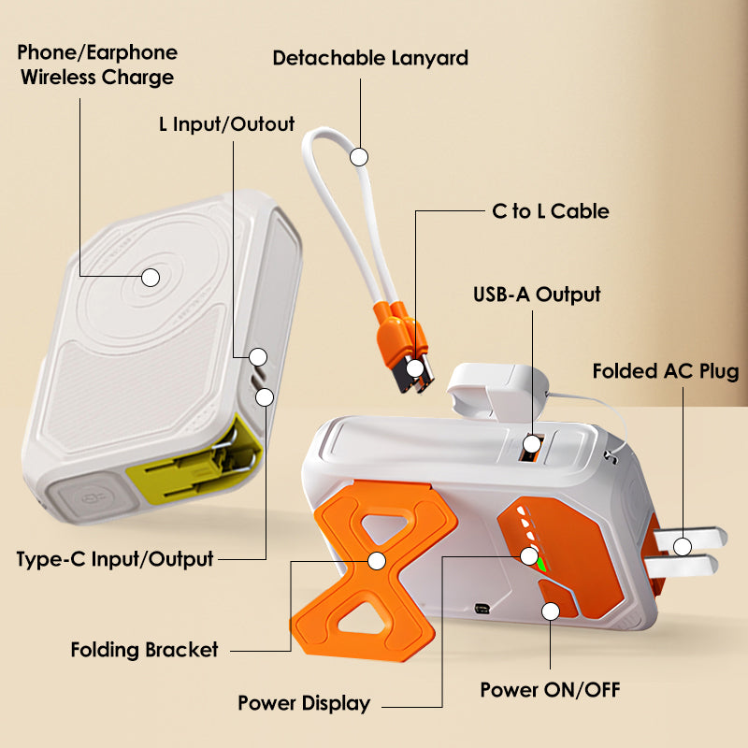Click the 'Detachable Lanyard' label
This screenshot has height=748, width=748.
click(x=369, y=58)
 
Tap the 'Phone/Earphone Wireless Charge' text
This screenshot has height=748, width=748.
click(x=97, y=65)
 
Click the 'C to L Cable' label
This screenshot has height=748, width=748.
click(x=550, y=211)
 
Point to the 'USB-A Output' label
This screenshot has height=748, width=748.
click(x=536, y=295)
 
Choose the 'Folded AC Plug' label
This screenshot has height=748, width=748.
click(x=665, y=372)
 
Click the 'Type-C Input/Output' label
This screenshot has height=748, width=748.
click(x=115, y=559)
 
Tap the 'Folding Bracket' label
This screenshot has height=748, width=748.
click(x=144, y=649)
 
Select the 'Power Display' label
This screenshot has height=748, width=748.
click(x=304, y=703)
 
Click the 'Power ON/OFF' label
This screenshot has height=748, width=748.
click(x=550, y=690)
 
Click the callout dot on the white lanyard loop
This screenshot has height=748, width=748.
click(x=359, y=156)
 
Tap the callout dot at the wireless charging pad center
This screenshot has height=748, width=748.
click(x=150, y=277)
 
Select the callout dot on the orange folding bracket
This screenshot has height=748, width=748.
click(x=377, y=561)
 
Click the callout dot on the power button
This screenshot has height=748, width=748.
click(x=551, y=611)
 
